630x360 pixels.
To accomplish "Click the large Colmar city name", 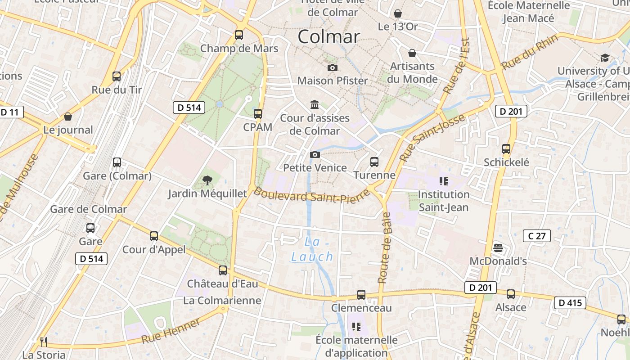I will click(x=329, y=37).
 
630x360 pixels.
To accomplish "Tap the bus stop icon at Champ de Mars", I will click(x=239, y=35).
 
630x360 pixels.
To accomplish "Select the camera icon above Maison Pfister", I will click(x=333, y=67).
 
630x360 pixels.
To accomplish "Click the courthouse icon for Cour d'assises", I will click(x=315, y=105).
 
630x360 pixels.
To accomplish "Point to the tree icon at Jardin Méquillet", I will click(x=207, y=180).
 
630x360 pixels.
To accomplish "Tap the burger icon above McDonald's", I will click(x=498, y=248).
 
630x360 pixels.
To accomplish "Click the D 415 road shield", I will click(x=570, y=303).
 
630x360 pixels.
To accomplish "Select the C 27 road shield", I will click(x=537, y=236).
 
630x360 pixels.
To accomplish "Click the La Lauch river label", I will click(x=312, y=249).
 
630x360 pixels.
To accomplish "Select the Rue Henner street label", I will click(x=171, y=331).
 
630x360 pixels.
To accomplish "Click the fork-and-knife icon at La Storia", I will click(x=44, y=342).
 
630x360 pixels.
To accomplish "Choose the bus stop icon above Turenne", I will click(x=374, y=162).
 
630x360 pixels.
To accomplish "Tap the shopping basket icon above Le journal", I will click(x=68, y=117).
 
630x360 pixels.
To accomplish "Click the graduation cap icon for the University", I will click(x=605, y=58).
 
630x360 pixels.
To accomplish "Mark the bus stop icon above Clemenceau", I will click(x=361, y=295).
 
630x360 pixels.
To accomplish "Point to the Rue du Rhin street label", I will click(x=530, y=52).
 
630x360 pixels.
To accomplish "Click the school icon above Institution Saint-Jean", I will click(x=444, y=181).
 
